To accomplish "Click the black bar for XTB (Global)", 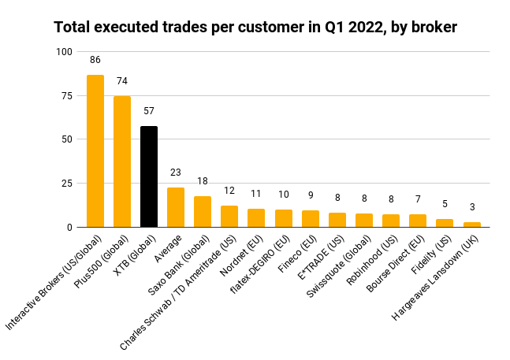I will pos(149,176).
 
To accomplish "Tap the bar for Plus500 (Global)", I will pos(122,161).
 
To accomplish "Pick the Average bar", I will pos(176,207).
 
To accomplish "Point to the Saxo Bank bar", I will pos(203,212).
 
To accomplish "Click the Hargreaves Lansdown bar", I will pos(472,225).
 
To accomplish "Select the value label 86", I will pos(95,59).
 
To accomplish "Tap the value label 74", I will pos(122,80).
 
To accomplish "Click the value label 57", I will pos(149,110).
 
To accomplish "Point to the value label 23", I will pos(176,171).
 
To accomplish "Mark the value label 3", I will pos(472,206).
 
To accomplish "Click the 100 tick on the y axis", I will pos(63,52).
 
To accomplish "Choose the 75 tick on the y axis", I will pos(65,95).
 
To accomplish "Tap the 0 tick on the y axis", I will pos(69,227).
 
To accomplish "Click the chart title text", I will pos(255,28).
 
